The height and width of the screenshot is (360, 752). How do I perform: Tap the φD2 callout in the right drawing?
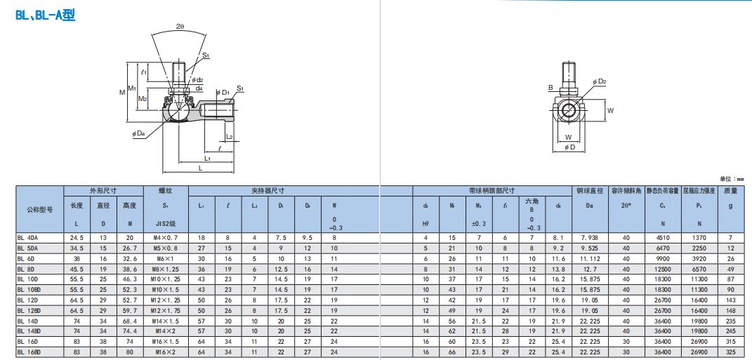coord(599,82)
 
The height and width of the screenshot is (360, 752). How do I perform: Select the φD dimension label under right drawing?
coord(569,147)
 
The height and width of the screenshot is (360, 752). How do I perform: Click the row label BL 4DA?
coord(28,238)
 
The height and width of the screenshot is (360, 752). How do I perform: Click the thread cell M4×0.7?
coord(166,238)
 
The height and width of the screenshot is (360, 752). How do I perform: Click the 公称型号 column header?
coord(39,209)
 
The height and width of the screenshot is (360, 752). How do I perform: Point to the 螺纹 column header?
coord(166,190)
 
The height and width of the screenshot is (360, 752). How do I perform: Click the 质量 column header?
coord(730,190)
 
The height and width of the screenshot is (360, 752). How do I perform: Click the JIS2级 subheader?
coord(166,224)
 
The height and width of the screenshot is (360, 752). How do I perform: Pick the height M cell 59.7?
coord(129,309)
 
